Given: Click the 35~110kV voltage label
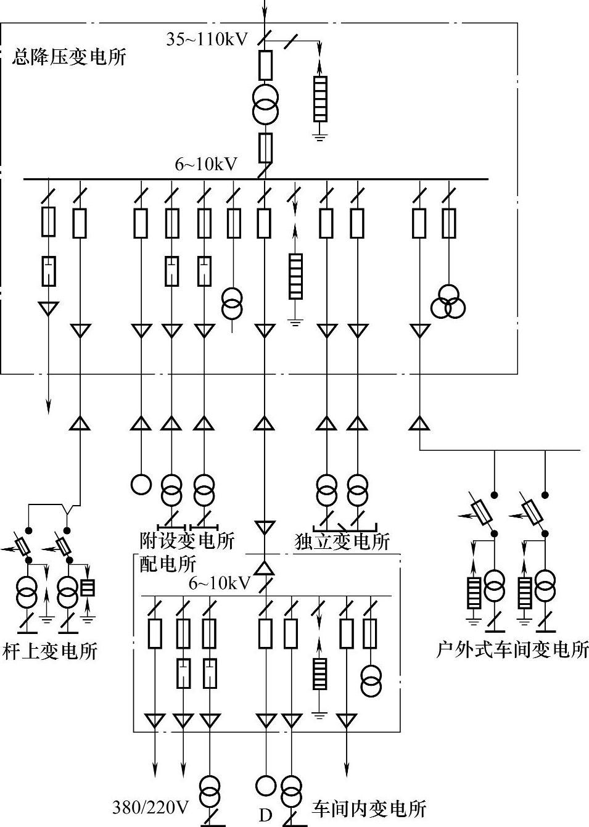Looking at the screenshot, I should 207,39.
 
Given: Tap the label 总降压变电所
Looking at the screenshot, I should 69,57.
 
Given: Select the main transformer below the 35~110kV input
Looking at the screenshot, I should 265,104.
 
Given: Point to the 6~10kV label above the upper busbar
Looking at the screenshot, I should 206,164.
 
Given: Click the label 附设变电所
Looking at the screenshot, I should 187,541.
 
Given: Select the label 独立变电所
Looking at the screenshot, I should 342,541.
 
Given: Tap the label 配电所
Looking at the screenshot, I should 168,563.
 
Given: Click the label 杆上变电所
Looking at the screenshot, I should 51,651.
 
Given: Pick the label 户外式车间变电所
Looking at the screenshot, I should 512,649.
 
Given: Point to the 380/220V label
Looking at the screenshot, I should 150,807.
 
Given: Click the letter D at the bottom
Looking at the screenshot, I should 265,815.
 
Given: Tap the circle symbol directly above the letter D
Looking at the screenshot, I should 266,785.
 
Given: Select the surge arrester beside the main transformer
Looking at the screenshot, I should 319,99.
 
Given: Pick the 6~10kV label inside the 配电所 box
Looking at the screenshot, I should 220,583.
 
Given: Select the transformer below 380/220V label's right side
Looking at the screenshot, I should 211,791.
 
